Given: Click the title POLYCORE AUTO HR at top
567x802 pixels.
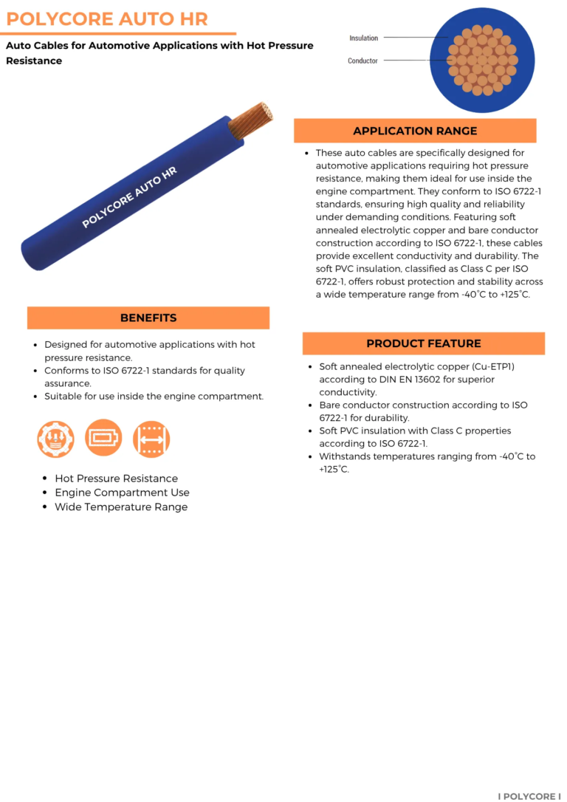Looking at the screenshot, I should coord(107,18).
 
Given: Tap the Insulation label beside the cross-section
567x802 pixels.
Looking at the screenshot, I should coord(363,38).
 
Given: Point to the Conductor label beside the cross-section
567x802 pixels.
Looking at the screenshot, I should coord(362,61).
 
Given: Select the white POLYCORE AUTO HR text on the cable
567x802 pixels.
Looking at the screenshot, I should coord(129,196).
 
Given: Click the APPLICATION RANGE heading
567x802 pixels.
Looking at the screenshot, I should coord(415,131).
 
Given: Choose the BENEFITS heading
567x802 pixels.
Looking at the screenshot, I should coord(148,318).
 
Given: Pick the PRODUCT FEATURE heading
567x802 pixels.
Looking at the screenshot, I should coord(424,343).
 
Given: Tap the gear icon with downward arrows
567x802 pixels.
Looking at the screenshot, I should coord(55,439).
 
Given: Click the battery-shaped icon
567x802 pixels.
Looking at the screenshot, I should coord(103,439).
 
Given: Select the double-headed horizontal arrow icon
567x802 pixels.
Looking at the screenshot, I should coord(151,439).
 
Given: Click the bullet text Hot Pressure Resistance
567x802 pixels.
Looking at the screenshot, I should coord(116,479).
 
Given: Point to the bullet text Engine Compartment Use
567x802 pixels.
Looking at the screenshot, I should coord(122,493).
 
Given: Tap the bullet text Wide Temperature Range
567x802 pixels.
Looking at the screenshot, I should coord(121,507).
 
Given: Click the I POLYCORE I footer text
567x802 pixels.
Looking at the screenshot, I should coord(529,796).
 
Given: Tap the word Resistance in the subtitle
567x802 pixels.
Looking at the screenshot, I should coord(34,61).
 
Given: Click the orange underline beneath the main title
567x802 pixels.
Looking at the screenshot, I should coord(118,33).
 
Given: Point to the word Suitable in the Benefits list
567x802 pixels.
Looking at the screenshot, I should coord(63,397).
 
